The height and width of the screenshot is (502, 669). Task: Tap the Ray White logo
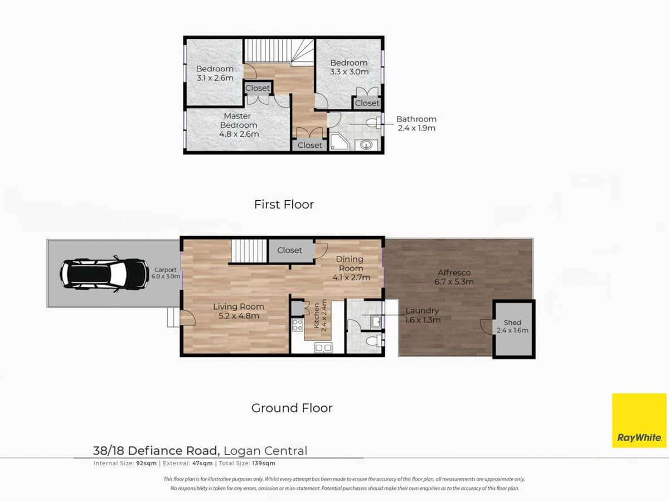pos(639,420)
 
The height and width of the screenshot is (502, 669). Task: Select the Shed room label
pos(512,326)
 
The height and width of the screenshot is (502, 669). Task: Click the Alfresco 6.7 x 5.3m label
pos(454,277)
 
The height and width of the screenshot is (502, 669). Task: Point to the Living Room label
pos(239,311)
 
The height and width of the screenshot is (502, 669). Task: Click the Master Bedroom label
pos(239,125)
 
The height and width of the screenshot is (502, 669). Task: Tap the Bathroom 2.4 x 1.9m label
pos(416,123)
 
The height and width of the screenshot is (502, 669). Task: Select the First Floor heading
pos(284,205)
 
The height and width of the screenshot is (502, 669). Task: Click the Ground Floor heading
pos(292,408)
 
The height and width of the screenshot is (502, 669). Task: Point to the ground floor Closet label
pos(289,250)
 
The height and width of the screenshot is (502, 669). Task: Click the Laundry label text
pos(422,315)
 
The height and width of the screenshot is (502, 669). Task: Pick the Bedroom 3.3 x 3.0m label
pos(349,67)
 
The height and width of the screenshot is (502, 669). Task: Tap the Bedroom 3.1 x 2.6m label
pos(215,74)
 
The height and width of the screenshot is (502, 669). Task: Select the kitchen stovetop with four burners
pos(297,325)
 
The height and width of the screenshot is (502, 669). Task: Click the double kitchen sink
pos(323,348)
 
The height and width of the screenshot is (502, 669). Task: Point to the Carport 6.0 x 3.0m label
pos(166,273)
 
